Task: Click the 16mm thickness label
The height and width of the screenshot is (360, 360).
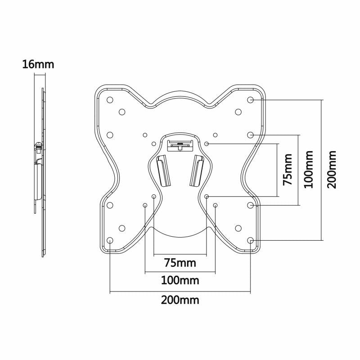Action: point(38,64)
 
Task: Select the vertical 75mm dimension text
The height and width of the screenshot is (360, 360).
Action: point(288,170)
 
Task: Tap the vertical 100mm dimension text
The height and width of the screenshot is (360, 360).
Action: point(309,170)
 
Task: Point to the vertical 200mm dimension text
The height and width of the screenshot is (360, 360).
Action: point(332,170)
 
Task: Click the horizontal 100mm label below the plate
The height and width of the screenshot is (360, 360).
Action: point(180,281)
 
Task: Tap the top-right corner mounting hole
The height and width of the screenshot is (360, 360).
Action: point(251,99)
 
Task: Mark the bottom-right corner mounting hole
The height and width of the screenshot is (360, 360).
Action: point(251,240)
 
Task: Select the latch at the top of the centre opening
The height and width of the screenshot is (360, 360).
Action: point(180,145)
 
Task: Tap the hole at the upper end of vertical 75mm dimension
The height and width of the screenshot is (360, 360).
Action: point(207,144)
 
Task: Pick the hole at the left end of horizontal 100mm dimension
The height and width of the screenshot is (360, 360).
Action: point(145,205)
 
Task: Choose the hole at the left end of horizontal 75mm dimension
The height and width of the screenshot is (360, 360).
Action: point(154,197)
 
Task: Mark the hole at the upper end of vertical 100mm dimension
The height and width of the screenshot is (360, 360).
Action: point(251,135)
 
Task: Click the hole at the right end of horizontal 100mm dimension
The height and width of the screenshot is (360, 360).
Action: point(215,205)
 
